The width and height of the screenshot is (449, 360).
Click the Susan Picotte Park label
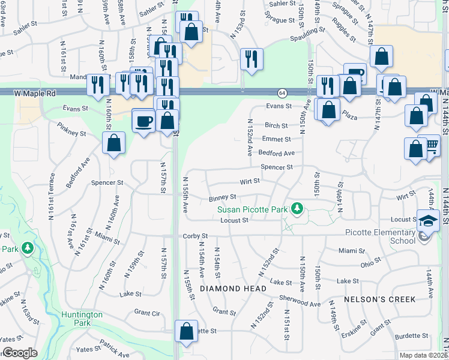click(252, 209)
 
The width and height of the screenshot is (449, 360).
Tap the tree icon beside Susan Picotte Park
click(296, 208)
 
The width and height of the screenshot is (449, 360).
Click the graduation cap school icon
click(428, 221)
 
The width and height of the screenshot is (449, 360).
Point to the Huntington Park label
click(82, 318)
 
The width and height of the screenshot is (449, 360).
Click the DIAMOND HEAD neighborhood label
click(233, 289)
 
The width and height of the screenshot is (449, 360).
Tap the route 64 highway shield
click(282, 93)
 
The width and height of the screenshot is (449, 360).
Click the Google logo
click(19, 353)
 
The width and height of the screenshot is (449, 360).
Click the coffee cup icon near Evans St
click(143, 120)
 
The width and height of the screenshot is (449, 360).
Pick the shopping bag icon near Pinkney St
click(113, 143)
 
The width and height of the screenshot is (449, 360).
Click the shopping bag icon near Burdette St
click(186, 331)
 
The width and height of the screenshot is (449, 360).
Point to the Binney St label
click(223, 197)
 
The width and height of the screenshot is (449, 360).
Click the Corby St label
click(195, 236)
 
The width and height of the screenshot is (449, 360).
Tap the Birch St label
click(276, 125)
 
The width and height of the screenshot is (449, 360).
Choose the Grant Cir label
click(147, 313)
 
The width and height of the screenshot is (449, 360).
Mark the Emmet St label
click(276, 139)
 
